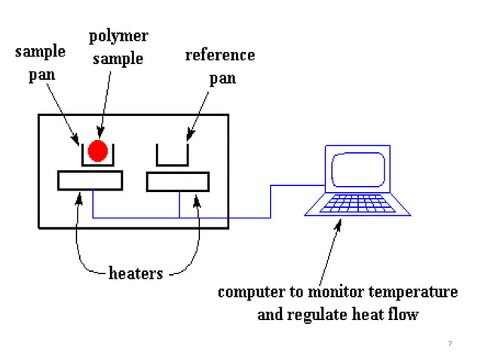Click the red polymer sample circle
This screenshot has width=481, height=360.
(x=97, y=151)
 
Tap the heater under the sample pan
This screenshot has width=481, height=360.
(x=90, y=181)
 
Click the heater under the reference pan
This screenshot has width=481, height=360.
(x=178, y=181)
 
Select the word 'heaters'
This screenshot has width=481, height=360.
(x=136, y=273)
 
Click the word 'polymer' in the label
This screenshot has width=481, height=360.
(x=118, y=36)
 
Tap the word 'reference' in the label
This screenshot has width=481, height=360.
(x=220, y=55)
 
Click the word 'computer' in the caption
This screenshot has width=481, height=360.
(x=248, y=291)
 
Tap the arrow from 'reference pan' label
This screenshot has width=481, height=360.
(x=198, y=113)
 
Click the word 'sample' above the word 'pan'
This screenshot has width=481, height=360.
(x=40, y=53)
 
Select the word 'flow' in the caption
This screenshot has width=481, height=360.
(x=401, y=314)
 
